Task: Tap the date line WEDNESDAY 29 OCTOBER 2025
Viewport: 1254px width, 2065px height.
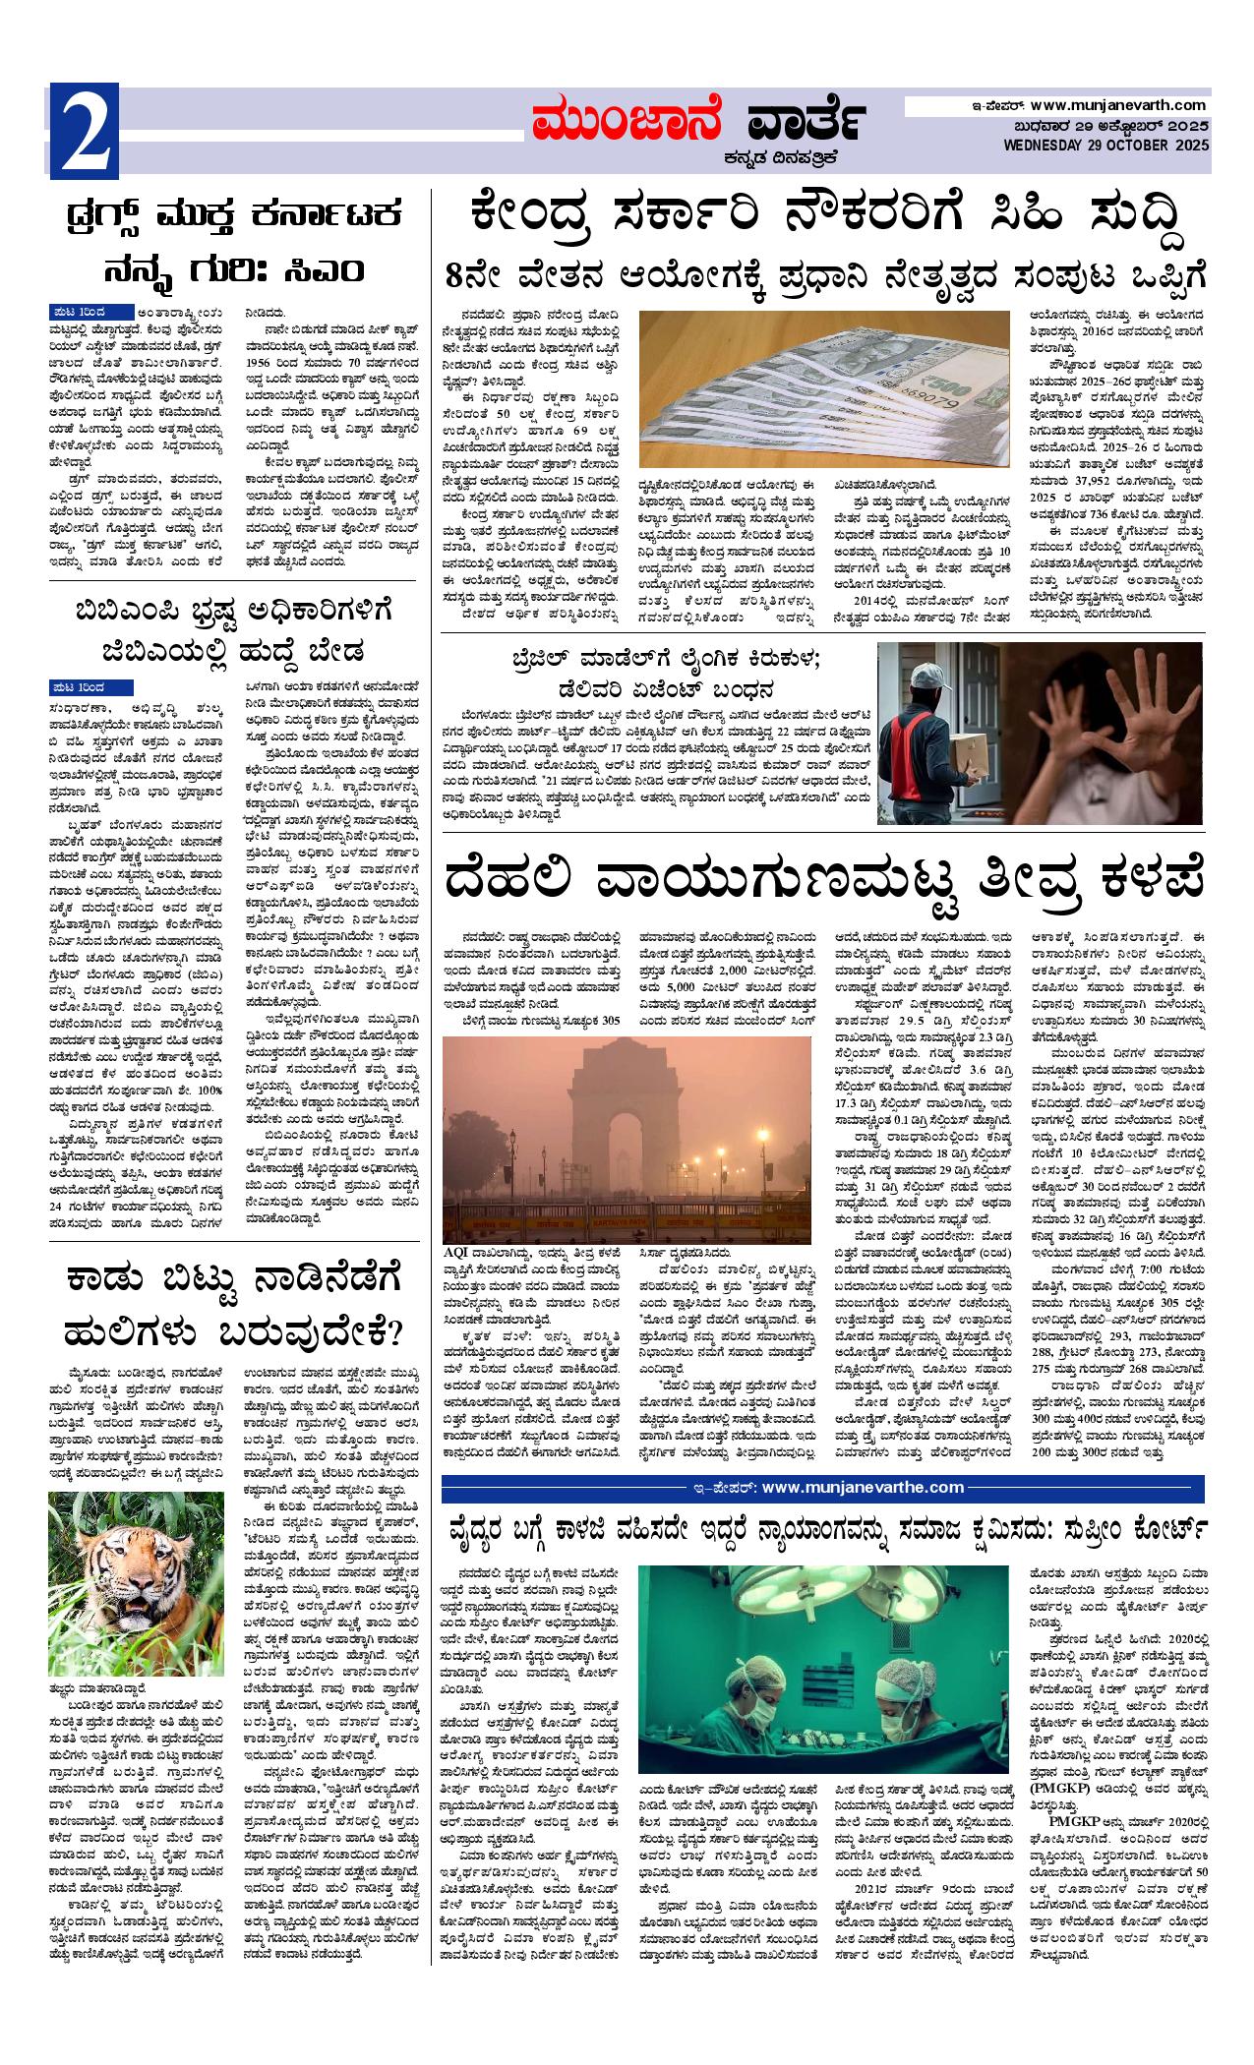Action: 1105,146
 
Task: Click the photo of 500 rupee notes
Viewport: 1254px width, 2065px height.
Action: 823,387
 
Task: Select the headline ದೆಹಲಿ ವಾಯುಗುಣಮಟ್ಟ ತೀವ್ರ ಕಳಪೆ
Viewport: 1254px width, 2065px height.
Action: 824,877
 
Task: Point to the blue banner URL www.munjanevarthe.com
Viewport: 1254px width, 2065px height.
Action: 862,1487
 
